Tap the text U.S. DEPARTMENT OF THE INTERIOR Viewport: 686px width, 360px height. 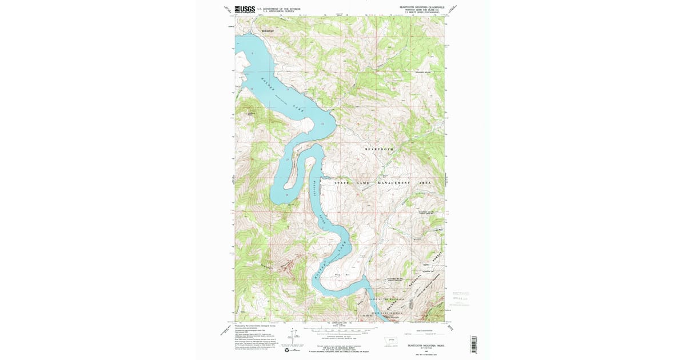click(278, 9)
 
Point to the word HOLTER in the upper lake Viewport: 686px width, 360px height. click(268, 84)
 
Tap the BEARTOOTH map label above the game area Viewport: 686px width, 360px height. click(380, 149)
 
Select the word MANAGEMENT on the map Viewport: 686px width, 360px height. click(393, 182)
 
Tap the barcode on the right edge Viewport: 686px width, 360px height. click(473, 343)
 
